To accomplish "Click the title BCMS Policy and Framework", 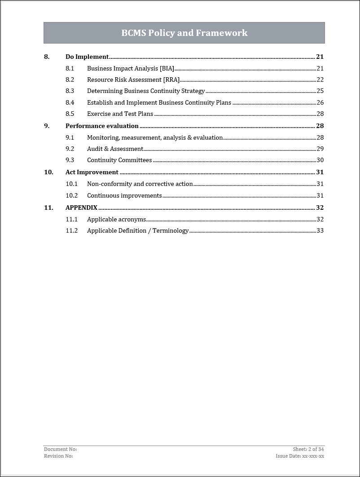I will pyautogui.click(x=184, y=33).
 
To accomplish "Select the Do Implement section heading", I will pyautogui.click(x=87, y=57).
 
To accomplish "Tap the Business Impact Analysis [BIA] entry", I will pyautogui.click(x=130, y=68).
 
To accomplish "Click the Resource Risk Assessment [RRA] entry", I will pyautogui.click(x=133, y=79).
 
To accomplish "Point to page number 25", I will pyautogui.click(x=320, y=91).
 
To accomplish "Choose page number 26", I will pyautogui.click(x=320, y=102).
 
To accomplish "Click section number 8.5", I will pyautogui.click(x=70, y=114).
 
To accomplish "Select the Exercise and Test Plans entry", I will pyautogui.click(x=120, y=114).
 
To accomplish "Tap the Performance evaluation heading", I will pyautogui.click(x=102, y=126).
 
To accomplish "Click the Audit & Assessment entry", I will pyautogui.click(x=115, y=149).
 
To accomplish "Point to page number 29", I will pyautogui.click(x=320, y=149).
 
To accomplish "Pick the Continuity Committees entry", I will pyautogui.click(x=119, y=160).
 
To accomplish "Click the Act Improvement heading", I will pyautogui.click(x=92, y=172).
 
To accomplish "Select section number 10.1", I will pyautogui.click(x=71, y=184).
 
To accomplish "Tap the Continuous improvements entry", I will pyautogui.click(x=124, y=195).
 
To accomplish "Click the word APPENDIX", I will pyautogui.click(x=81, y=208).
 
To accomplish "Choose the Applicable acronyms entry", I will pyautogui.click(x=116, y=219).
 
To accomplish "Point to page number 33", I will pyautogui.click(x=320, y=230).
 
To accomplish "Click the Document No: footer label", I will pyautogui.click(x=60, y=449).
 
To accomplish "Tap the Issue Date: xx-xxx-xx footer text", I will pyautogui.click(x=300, y=456).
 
